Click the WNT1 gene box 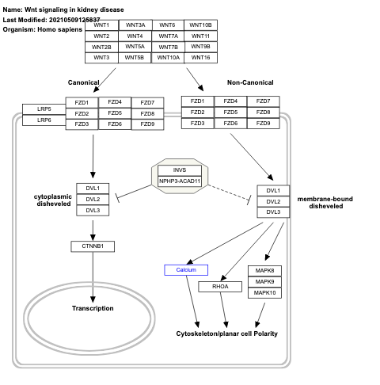[x=101, y=25]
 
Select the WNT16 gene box [x=200, y=58]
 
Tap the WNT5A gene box [x=135, y=47]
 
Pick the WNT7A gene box [x=168, y=36]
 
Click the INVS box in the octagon [x=180, y=170]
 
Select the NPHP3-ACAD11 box [x=180, y=181]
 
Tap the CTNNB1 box [x=93, y=246]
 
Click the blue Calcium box [x=186, y=270]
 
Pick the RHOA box [x=219, y=286]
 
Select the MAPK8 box [x=264, y=271]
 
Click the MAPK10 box [x=264, y=293]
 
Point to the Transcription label [x=93, y=308]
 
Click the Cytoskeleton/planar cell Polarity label [x=226, y=334]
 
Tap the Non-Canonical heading [x=249, y=82]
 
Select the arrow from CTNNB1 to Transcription [x=93, y=277]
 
